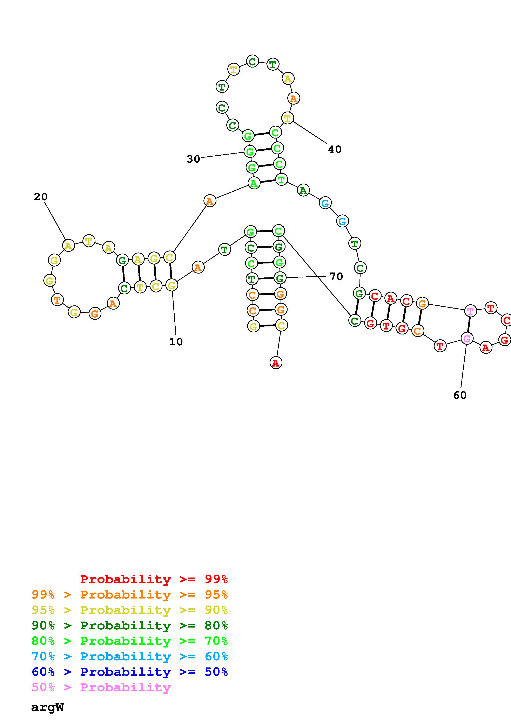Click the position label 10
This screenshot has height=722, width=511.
click(x=176, y=342)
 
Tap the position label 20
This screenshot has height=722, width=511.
click(x=41, y=197)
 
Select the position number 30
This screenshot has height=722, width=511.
click(x=193, y=159)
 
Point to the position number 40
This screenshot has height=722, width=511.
click(x=335, y=149)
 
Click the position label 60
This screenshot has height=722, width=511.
click(x=460, y=395)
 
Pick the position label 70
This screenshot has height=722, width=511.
click(x=336, y=276)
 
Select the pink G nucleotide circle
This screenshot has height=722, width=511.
click(x=467, y=339)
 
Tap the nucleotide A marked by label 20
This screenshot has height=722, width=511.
click(x=68, y=245)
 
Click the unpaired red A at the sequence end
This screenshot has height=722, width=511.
click(x=276, y=363)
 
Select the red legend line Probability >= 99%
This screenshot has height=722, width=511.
click(x=154, y=579)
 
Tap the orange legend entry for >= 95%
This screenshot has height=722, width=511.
click(x=130, y=595)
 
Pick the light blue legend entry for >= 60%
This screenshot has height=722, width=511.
click(x=130, y=657)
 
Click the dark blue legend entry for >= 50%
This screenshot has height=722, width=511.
click(x=130, y=672)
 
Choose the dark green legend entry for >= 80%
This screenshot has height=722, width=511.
click(x=130, y=625)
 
